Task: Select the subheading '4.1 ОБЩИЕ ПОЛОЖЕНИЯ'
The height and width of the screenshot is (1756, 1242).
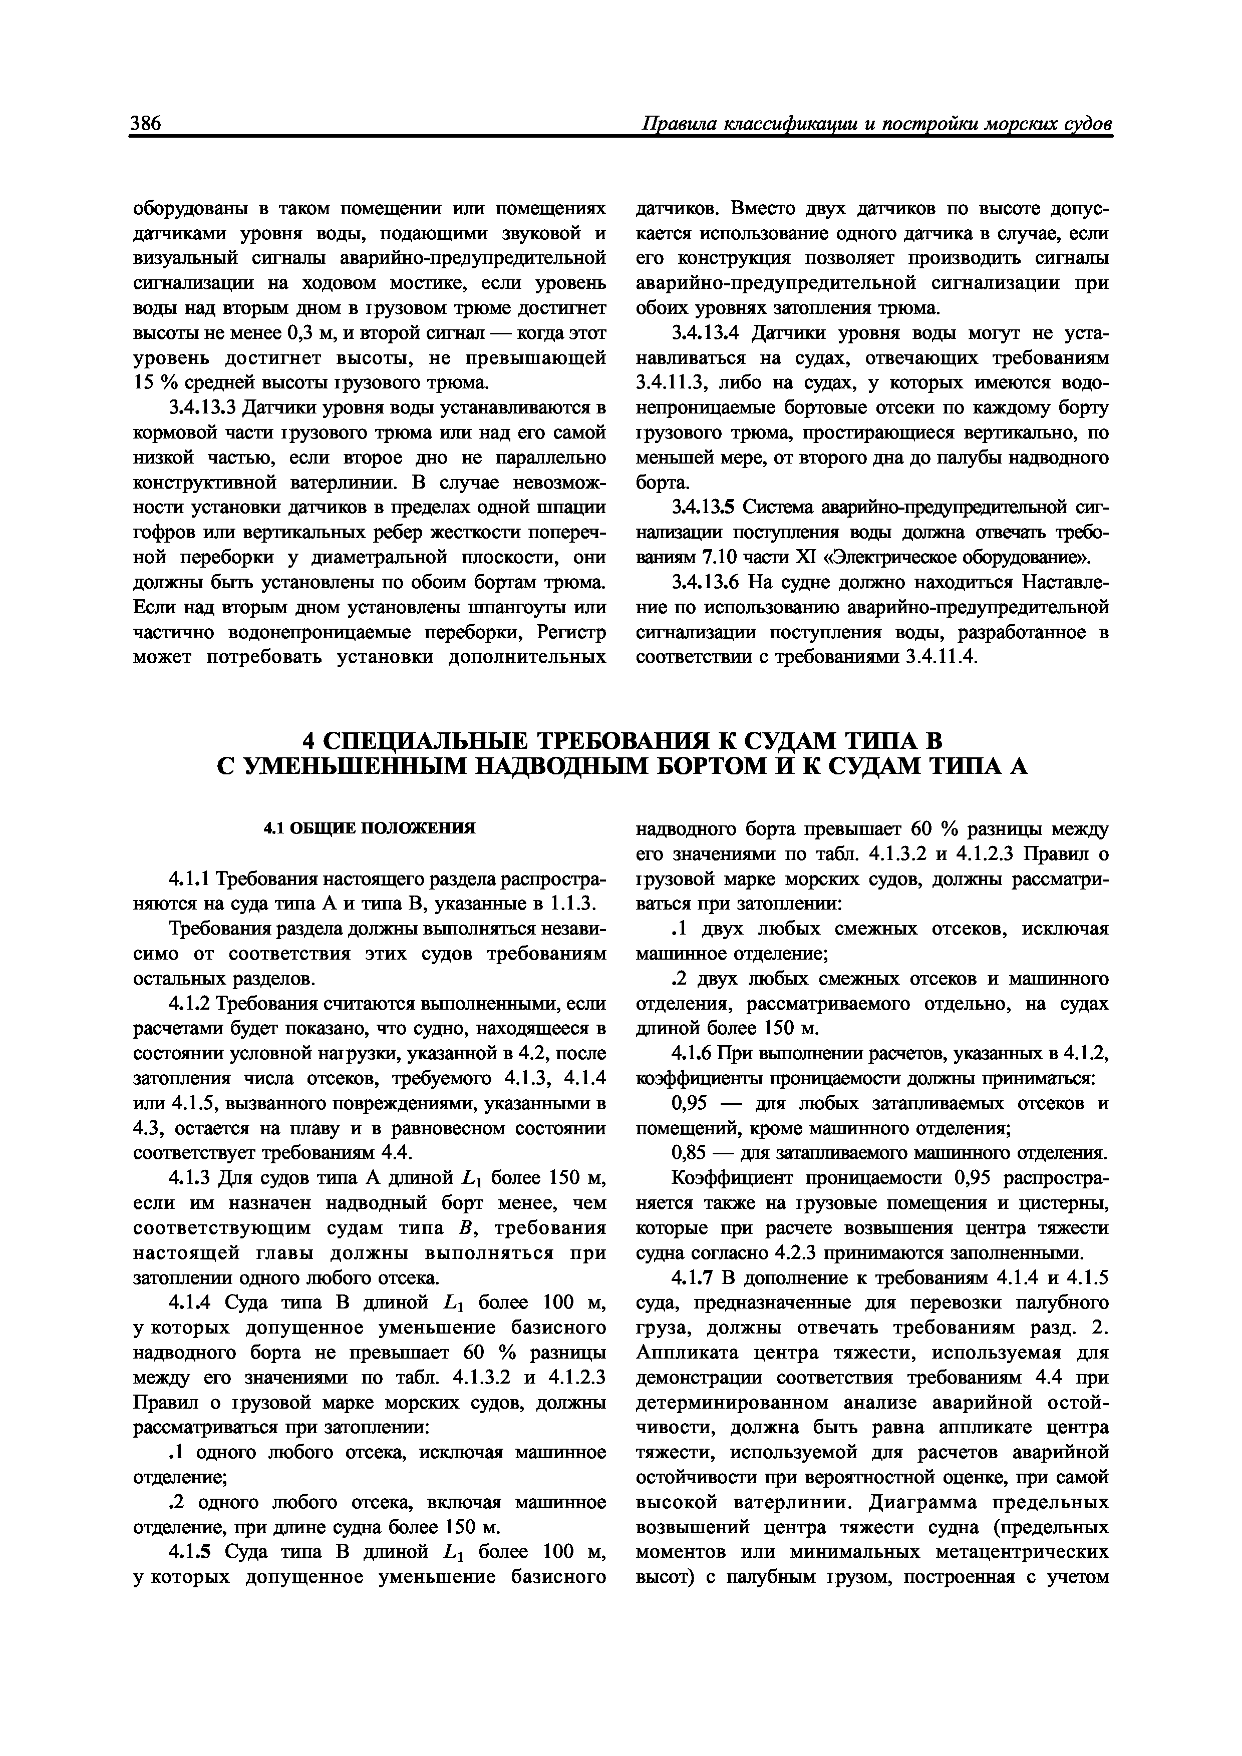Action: click(x=370, y=828)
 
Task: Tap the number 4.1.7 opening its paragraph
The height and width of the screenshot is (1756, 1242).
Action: click(x=693, y=1277)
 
